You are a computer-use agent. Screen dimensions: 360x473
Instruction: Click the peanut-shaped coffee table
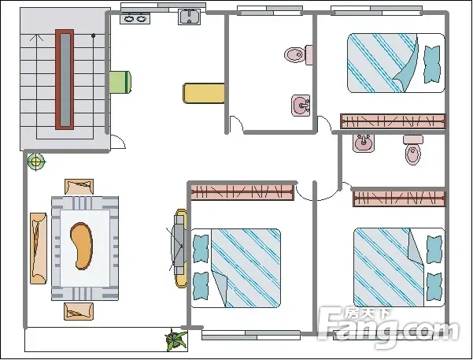tap(81, 246)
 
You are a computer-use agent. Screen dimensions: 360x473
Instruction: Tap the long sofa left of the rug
tap(39, 247)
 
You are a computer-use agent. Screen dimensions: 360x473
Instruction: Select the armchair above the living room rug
tap(80, 187)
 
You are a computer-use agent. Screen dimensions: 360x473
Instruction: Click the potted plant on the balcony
tap(176, 340)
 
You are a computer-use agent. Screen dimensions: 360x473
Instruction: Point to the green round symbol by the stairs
tap(35, 162)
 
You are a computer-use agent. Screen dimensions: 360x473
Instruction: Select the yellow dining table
tap(205, 93)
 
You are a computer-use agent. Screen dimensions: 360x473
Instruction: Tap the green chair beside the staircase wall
tap(120, 82)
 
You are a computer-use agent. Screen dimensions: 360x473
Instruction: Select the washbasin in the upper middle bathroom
tap(301, 105)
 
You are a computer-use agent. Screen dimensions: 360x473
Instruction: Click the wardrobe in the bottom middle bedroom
tap(242, 191)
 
